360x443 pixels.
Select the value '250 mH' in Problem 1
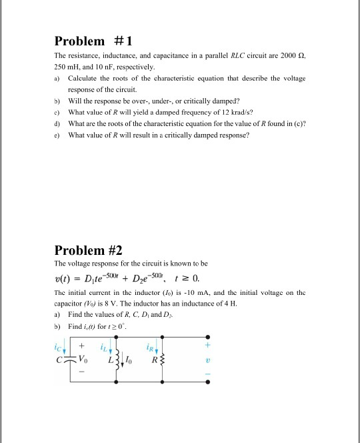[67, 68]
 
